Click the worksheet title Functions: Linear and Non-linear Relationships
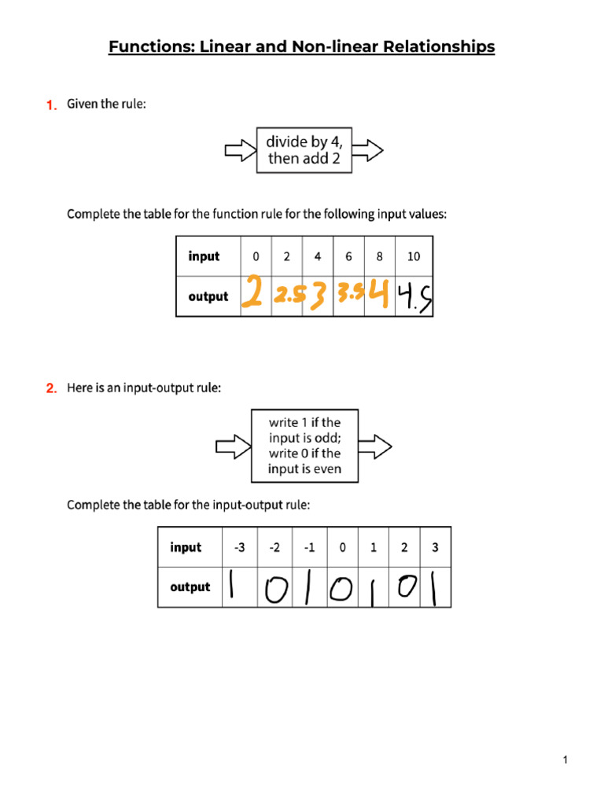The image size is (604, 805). tap(301, 47)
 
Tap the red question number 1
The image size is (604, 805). tap(51, 105)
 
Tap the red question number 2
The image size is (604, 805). tap(51, 388)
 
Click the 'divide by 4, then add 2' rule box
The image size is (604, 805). tap(304, 150)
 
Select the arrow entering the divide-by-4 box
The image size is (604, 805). tap(240, 150)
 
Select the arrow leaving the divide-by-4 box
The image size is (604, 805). tap(368, 150)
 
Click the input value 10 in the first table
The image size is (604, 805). tap(414, 256)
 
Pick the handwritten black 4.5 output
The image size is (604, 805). tap(414, 297)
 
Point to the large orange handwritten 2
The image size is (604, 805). tap(252, 293)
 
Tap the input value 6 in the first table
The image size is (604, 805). tap(348, 256)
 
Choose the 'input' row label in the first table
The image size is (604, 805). tap(204, 256)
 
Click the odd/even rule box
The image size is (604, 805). tap(304, 446)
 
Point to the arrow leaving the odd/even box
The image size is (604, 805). tap(376, 447)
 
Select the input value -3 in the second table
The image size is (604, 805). tap(239, 547)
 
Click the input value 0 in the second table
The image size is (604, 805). tap(343, 547)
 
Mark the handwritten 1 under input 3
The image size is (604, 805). tap(431, 588)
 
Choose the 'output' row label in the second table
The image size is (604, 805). tap(190, 587)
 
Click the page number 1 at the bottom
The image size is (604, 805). tap(565, 759)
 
